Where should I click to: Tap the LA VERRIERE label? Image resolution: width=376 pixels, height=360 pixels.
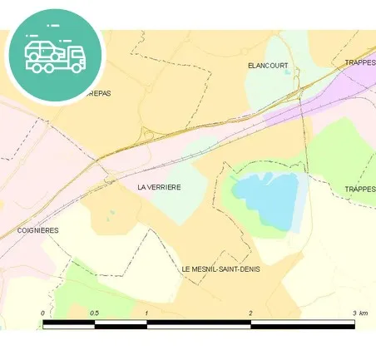[x=159, y=188]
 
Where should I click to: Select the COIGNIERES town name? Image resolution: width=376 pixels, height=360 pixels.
[x=37, y=230]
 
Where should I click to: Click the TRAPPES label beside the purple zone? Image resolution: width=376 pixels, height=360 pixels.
[x=360, y=62]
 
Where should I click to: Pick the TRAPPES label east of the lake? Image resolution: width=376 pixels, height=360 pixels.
[x=360, y=190]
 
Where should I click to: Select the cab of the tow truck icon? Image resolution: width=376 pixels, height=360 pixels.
[x=76, y=58]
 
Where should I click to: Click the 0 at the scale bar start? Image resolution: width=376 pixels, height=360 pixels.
[x=42, y=313]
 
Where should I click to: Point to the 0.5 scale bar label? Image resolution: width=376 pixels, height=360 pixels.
[x=94, y=313]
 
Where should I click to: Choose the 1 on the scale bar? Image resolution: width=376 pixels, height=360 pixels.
[x=146, y=313]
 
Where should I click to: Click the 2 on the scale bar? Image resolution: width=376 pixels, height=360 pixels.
[x=250, y=313]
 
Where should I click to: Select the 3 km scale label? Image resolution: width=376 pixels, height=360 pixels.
[x=359, y=313]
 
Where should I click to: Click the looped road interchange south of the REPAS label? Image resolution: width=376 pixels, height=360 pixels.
[x=148, y=133]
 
